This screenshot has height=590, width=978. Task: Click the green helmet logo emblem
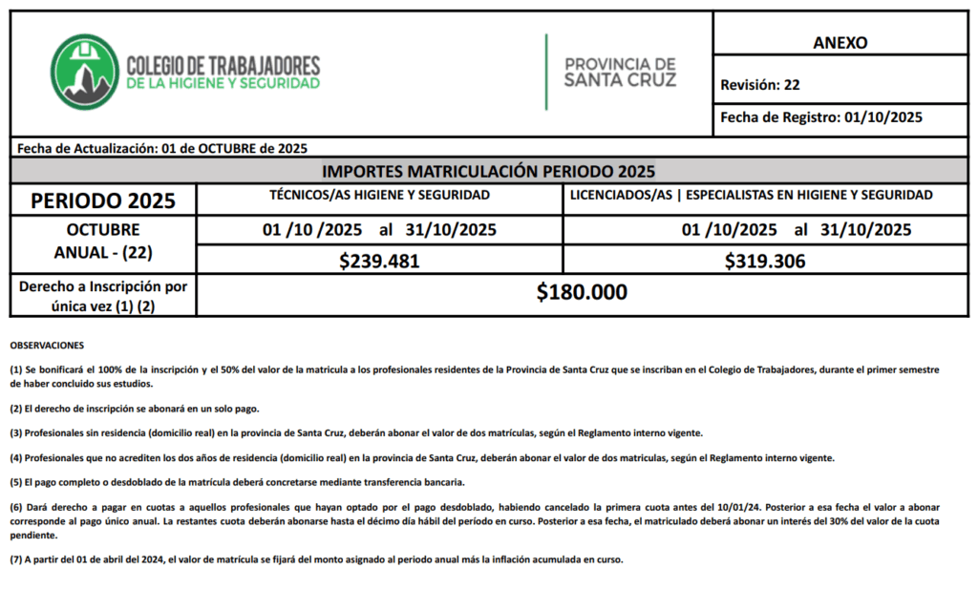(83, 73)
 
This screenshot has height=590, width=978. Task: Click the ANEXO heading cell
(840, 42)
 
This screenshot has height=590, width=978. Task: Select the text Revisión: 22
(760, 84)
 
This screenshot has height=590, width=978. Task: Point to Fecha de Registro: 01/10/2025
(821, 117)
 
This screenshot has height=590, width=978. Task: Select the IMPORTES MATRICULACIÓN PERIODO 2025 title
(488, 172)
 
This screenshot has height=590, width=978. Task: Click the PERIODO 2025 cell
(103, 200)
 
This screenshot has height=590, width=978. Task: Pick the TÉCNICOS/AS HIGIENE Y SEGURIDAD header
(379, 195)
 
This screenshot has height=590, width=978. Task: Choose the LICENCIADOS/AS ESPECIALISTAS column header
(751, 195)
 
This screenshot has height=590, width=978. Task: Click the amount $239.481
(379, 261)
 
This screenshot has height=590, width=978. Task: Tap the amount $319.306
(765, 261)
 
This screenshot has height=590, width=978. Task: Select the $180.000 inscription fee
(582, 293)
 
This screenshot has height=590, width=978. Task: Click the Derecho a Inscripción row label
(103, 295)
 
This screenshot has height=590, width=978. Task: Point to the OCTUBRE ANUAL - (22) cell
(103, 242)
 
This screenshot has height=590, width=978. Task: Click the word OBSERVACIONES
(47, 345)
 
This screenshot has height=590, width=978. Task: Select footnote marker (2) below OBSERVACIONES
(16, 409)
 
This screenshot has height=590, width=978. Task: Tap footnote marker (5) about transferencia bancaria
(16, 481)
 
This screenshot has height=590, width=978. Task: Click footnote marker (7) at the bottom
(16, 559)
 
